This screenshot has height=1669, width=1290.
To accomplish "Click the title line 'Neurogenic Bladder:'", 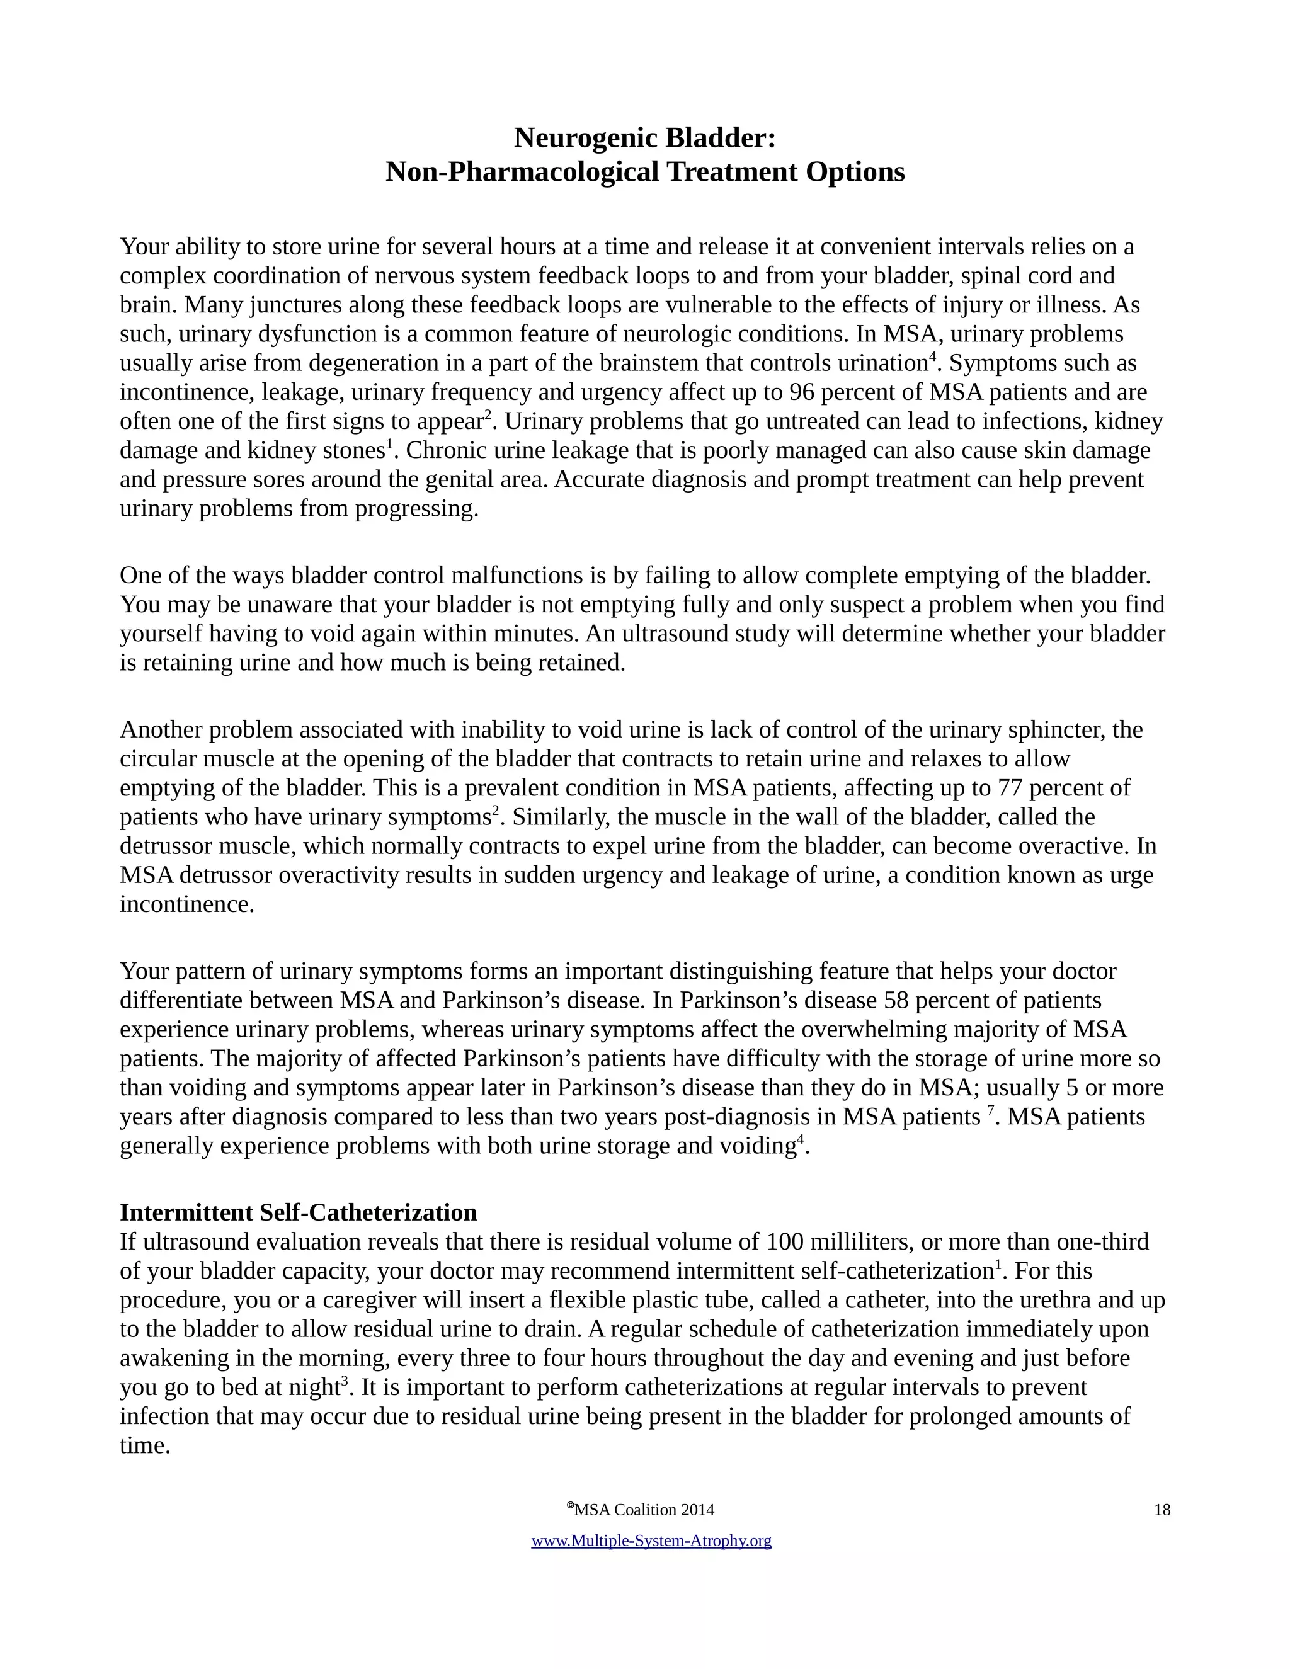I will pyautogui.click(x=644, y=139).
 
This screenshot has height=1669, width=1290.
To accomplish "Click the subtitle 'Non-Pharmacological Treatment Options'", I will pyautogui.click(x=644, y=172).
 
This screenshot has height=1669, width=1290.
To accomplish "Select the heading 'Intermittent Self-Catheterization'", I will pyautogui.click(x=298, y=1213).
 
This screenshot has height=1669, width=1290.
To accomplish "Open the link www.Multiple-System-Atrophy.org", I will pyautogui.click(x=651, y=1541).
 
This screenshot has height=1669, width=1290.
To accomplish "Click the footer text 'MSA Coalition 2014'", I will pyautogui.click(x=644, y=1510).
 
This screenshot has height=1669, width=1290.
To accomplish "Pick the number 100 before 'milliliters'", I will pyautogui.click(x=786, y=1243).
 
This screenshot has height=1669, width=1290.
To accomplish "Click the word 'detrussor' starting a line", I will pyautogui.click(x=168, y=846).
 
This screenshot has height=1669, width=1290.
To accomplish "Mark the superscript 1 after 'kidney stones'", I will pyautogui.click(x=389, y=445).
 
